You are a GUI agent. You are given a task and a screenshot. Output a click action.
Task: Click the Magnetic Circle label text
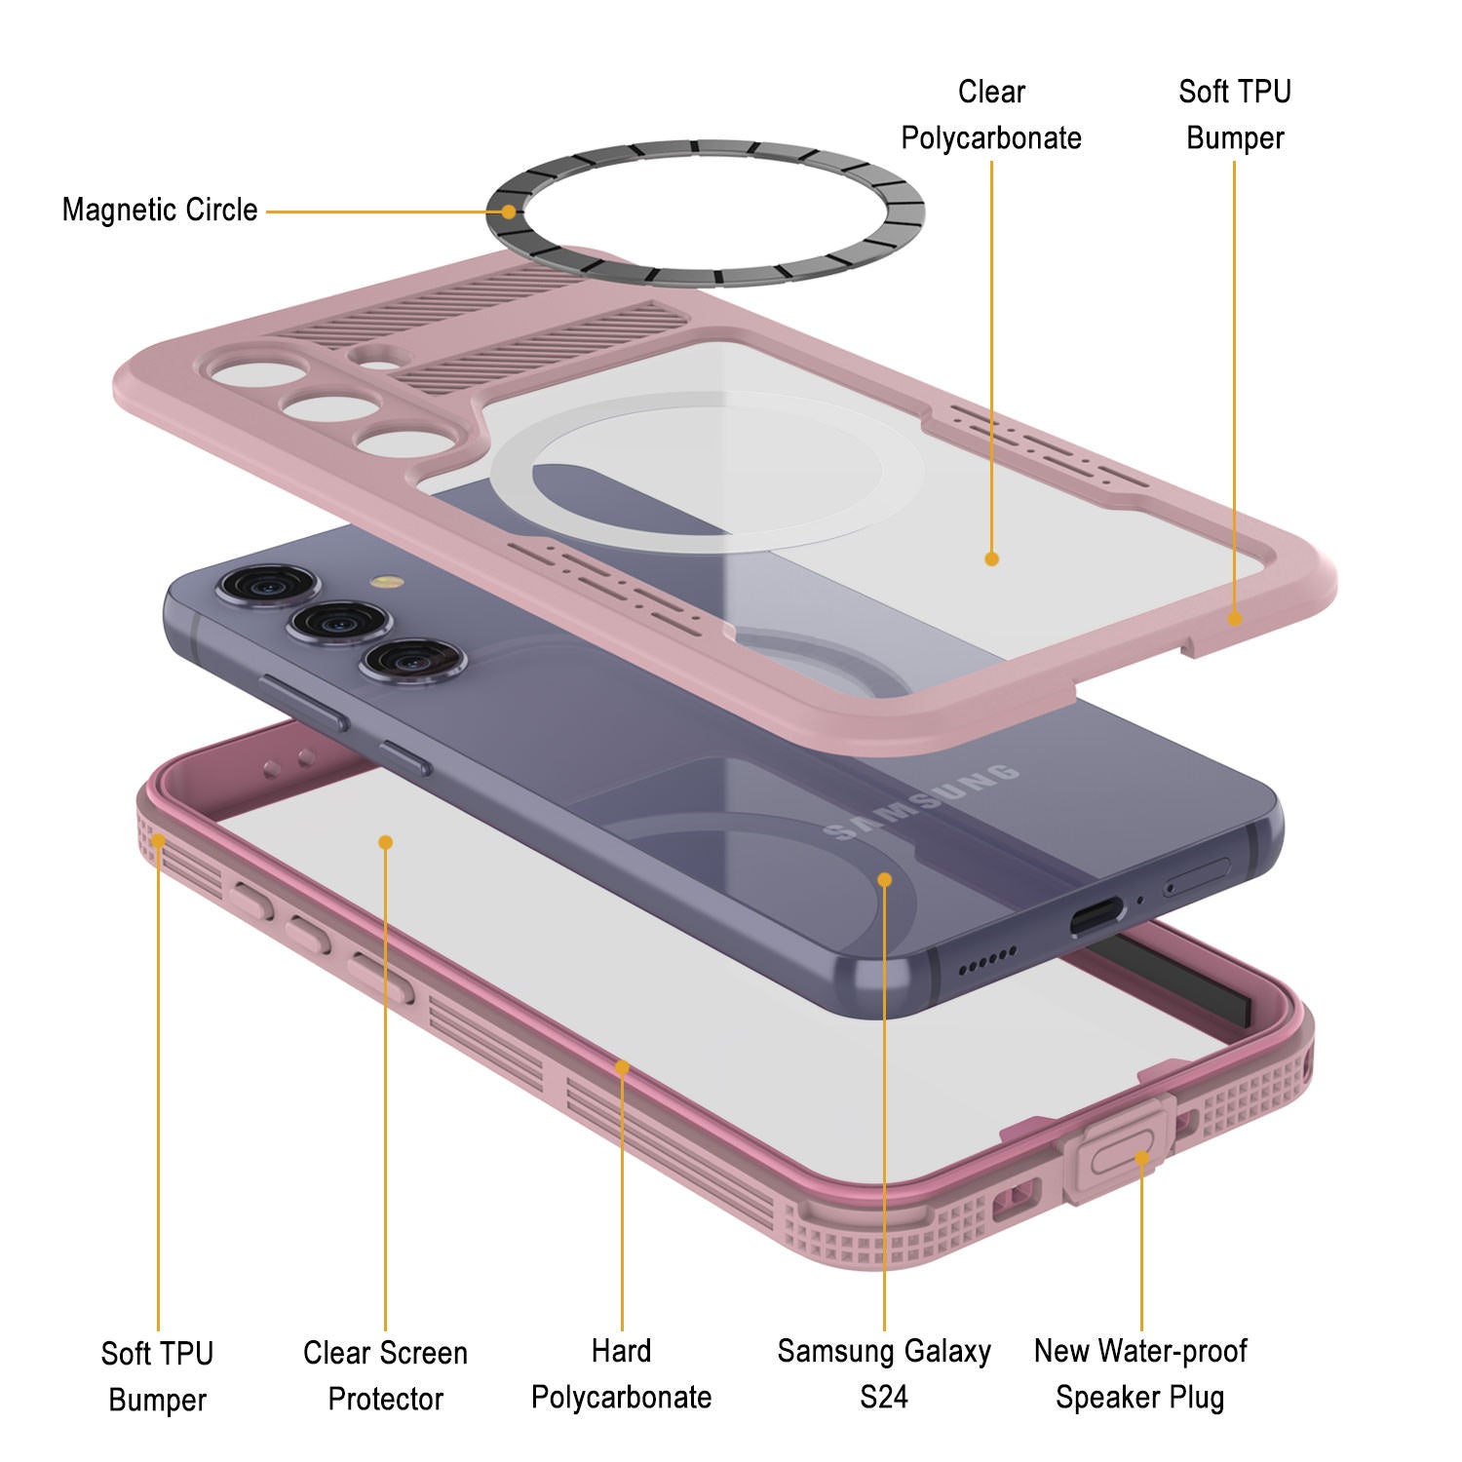[x=160, y=210]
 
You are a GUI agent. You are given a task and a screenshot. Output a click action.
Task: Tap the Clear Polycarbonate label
[x=991, y=115]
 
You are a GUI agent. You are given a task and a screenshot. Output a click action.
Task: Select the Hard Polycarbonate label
[x=622, y=1374]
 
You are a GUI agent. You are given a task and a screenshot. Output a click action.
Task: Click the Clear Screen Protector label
[x=386, y=1375]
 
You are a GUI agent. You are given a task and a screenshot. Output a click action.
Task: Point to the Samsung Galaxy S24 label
[x=884, y=1374]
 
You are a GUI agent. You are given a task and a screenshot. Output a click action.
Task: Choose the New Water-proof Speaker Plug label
[x=1140, y=1374]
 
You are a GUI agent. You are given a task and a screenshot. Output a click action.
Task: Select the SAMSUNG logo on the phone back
[x=922, y=802]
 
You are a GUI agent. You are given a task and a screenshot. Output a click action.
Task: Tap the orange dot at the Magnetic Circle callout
[x=508, y=212]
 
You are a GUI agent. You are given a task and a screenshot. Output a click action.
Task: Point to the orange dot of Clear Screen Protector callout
[x=386, y=842]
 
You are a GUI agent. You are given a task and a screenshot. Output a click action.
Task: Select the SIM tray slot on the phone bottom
[x=1197, y=878]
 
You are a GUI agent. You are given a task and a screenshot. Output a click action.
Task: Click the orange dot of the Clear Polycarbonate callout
[x=991, y=558]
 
